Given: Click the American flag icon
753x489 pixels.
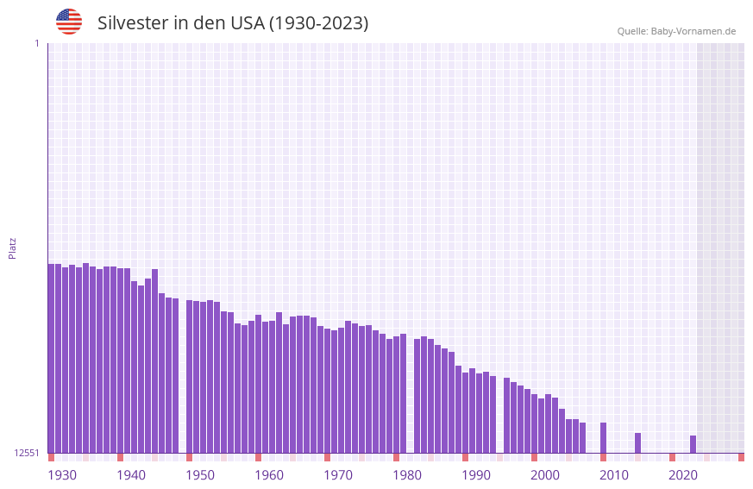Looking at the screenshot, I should [x=69, y=22].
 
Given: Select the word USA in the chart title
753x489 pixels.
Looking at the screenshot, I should [x=248, y=23].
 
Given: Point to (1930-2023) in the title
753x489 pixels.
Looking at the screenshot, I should [x=319, y=23].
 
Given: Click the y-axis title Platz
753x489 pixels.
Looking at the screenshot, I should [x=12, y=248].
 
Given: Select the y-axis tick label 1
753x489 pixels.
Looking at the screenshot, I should [x=36, y=43].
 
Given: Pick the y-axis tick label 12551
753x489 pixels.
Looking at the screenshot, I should [x=26, y=453].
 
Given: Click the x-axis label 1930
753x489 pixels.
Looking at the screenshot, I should [x=62, y=475].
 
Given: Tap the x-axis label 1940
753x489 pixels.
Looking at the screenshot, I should [x=131, y=475].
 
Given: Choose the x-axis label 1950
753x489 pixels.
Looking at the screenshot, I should [x=200, y=475].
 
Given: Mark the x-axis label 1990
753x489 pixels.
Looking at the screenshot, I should [x=476, y=475].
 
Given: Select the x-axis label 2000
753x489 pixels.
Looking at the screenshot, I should [x=545, y=475].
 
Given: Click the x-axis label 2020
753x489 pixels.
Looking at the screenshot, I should [x=683, y=475].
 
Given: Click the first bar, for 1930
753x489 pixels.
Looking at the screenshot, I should [x=51, y=358].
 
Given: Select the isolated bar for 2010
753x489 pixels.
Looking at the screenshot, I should [x=603, y=437].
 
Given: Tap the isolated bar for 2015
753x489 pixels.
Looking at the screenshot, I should [x=637, y=442].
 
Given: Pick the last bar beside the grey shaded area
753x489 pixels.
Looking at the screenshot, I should [x=693, y=444].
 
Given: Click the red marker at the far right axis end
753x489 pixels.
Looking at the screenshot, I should [x=741, y=457].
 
